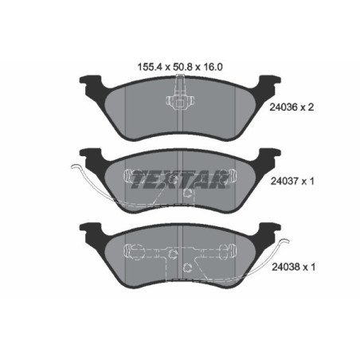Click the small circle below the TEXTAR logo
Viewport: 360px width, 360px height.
(x=184, y=193)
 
